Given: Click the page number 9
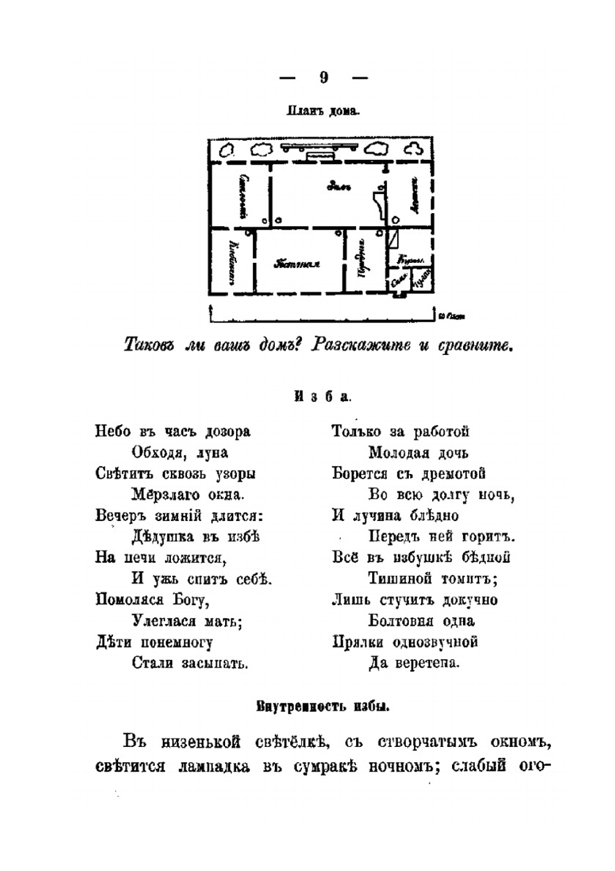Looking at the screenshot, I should click(x=323, y=78).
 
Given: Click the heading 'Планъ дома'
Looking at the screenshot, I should click(x=322, y=112).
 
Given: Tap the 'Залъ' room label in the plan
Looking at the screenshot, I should click(x=338, y=186).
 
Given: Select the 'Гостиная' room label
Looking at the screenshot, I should click(x=298, y=264).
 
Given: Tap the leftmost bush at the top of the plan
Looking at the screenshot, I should click(x=227, y=149).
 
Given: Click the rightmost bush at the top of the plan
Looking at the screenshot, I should click(x=415, y=149).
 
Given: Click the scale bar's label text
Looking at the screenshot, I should click(x=453, y=317).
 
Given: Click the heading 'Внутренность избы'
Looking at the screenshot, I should click(x=322, y=706).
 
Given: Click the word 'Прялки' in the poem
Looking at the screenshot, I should click(x=357, y=643).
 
